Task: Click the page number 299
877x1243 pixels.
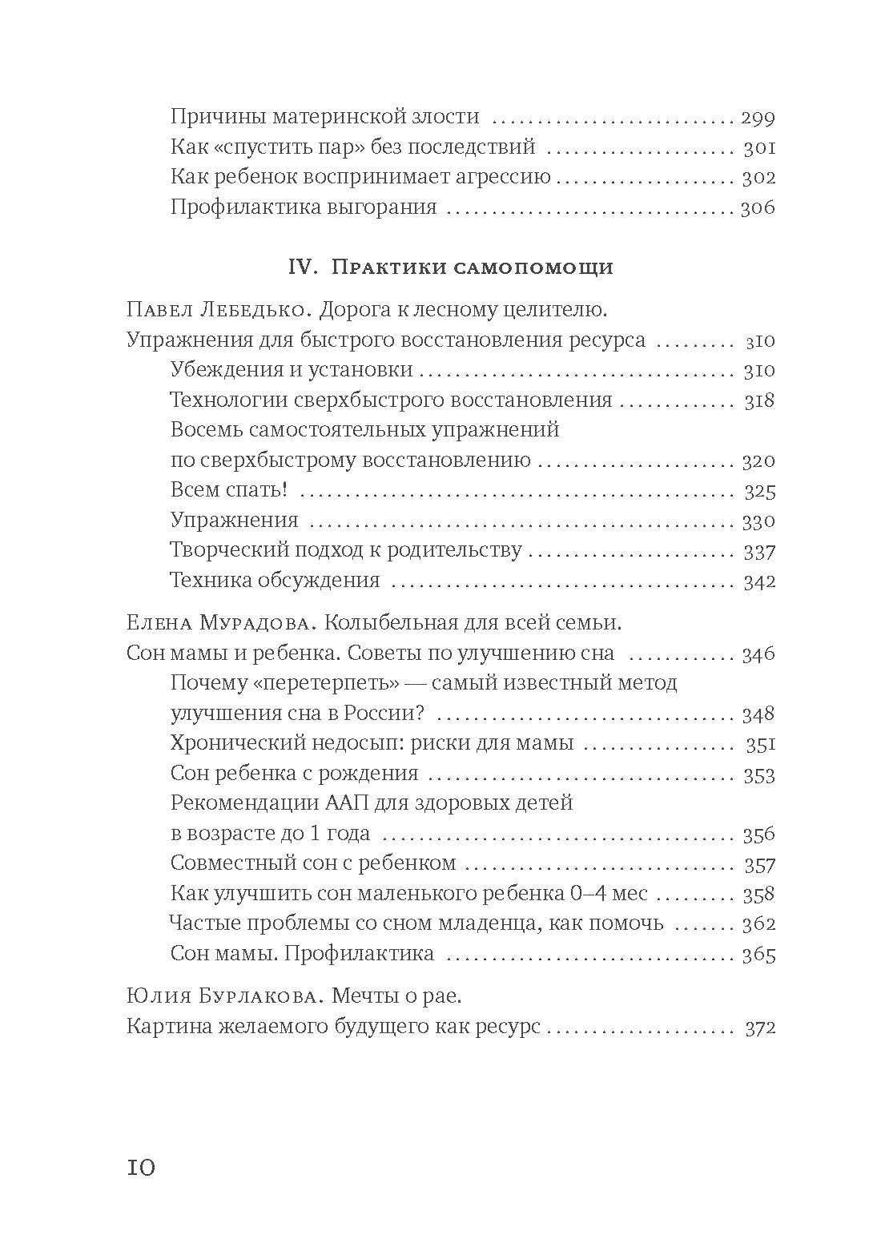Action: [x=758, y=118]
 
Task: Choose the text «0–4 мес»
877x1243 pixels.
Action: [x=622, y=893]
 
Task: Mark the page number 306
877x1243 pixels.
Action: [x=758, y=208]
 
